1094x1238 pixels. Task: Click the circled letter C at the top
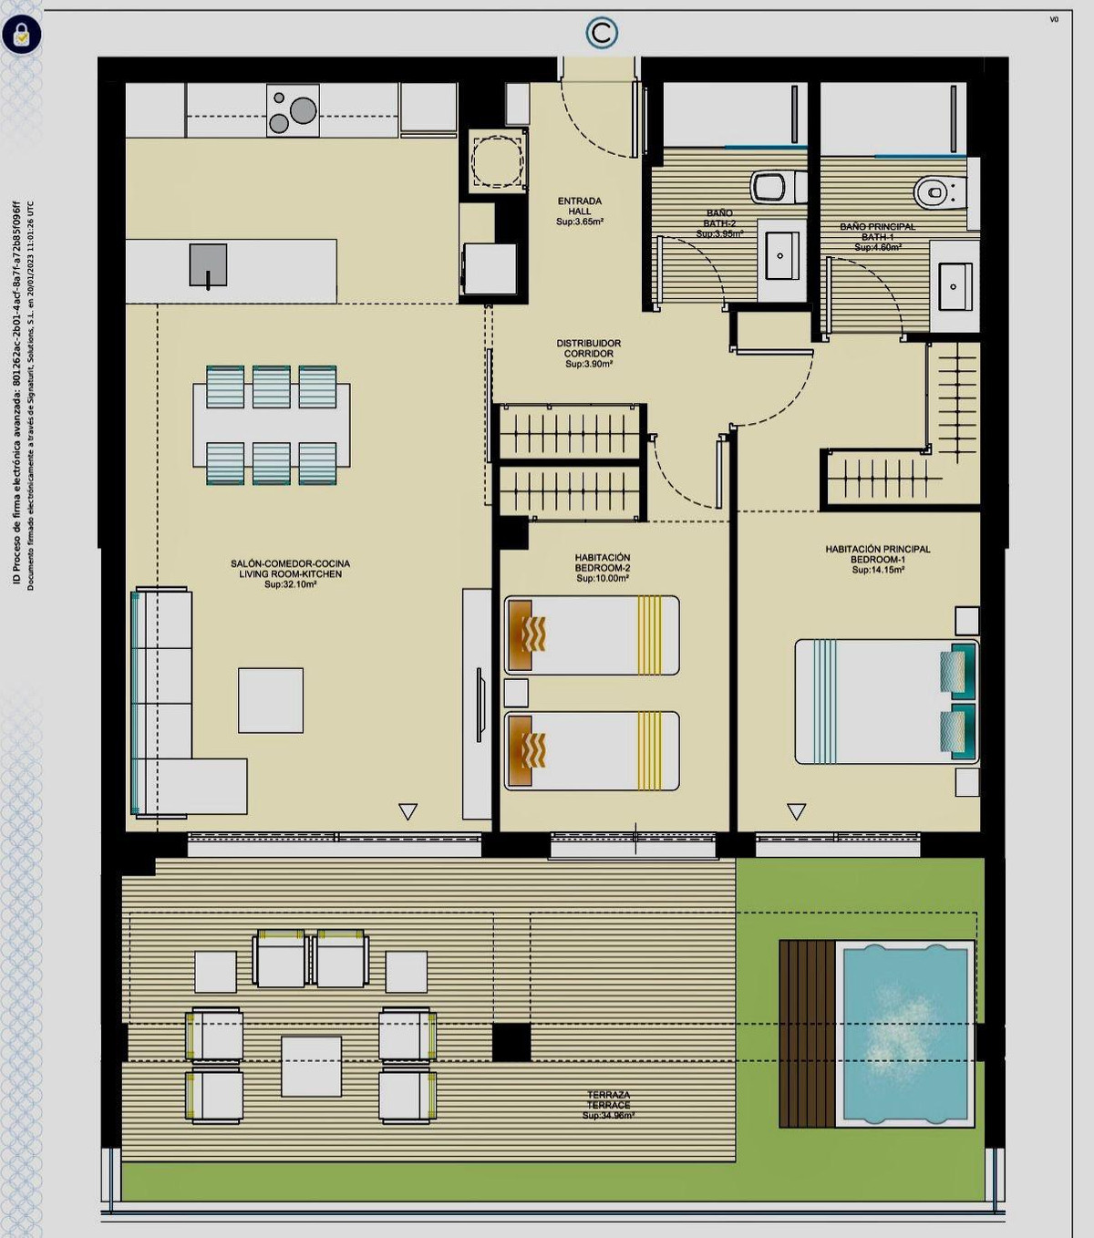[602, 34]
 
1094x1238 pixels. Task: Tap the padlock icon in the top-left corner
[21, 36]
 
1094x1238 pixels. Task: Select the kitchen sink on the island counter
[208, 265]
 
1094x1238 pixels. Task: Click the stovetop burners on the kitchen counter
[293, 110]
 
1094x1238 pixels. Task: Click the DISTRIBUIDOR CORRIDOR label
[589, 354]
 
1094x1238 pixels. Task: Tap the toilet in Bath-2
[775, 187]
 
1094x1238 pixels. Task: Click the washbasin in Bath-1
[955, 286]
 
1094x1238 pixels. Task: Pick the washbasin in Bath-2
[780, 255]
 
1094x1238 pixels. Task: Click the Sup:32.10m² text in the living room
[290, 584]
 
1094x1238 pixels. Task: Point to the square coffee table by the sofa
[271, 700]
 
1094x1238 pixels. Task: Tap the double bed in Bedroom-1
[884, 701]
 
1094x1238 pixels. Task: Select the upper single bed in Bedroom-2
[592, 635]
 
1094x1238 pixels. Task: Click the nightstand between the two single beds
[516, 693]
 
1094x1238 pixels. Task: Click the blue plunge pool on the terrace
[904, 1033]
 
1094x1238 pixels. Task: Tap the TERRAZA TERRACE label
[608, 1105]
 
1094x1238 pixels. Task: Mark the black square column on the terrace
[511, 1042]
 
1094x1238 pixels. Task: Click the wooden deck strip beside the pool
[807, 1034]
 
